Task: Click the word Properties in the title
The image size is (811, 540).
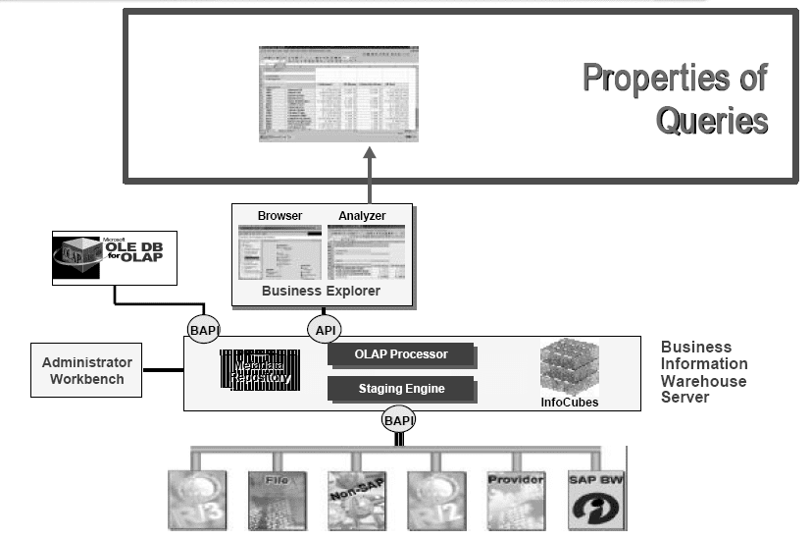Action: [x=675, y=78]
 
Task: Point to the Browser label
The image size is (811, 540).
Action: [x=279, y=215]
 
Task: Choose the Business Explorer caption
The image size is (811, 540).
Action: [x=322, y=292]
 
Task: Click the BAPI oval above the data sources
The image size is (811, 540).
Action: [x=399, y=422]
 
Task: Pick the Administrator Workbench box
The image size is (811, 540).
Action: [x=86, y=370]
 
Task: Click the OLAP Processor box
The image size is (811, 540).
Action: [x=401, y=354]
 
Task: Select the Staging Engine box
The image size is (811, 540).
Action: [x=401, y=389]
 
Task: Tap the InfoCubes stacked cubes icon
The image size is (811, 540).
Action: [x=570, y=367]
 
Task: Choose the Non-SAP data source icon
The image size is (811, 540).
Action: [x=355, y=500]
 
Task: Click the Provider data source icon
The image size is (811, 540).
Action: [x=515, y=500]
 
